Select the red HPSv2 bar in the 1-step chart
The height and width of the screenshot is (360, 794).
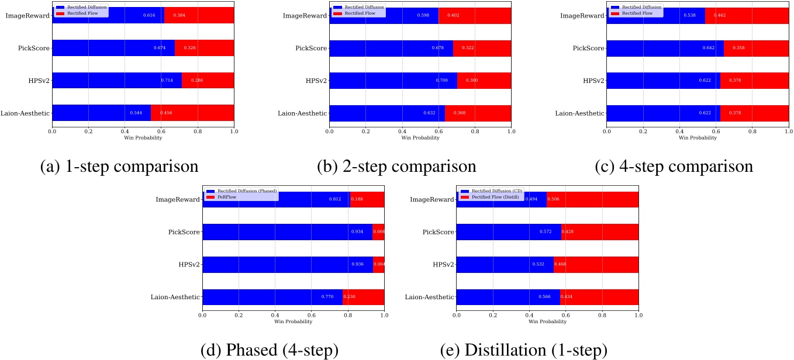[208, 80]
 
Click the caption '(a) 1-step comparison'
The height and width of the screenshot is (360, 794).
[119, 166]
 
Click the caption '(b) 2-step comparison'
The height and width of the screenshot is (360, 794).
[396, 166]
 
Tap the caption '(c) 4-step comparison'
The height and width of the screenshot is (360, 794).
[674, 166]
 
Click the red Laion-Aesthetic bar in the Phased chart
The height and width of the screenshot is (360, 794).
[363, 297]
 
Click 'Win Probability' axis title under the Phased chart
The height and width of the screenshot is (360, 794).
[293, 321]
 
